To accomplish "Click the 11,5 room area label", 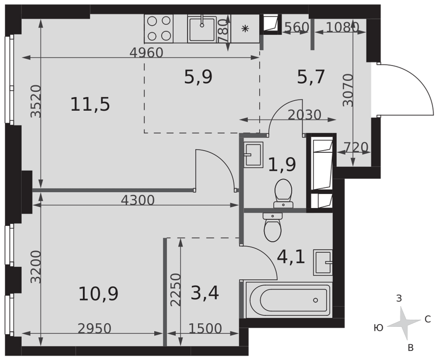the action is click(90, 105).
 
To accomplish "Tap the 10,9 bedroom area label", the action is click(98, 294).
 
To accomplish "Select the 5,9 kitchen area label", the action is click(198, 77).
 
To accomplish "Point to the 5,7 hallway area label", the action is click(311, 77).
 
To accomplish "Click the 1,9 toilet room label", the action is click(282, 165).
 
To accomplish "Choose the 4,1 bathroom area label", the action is click(291, 257).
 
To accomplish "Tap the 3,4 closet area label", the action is click(205, 293).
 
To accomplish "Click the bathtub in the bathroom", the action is click(289, 300).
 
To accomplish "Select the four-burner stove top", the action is click(159, 28).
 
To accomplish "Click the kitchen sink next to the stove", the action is click(202, 29).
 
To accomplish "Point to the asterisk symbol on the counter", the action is click(245, 28).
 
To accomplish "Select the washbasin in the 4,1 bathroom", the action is click(323, 262).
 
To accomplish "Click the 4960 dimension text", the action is click(146, 53).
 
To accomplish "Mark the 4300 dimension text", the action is click(138, 200).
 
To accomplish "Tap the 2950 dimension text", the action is click(95, 328).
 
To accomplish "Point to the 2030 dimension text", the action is click(304, 115).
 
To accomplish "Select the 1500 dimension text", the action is click(205, 328).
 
